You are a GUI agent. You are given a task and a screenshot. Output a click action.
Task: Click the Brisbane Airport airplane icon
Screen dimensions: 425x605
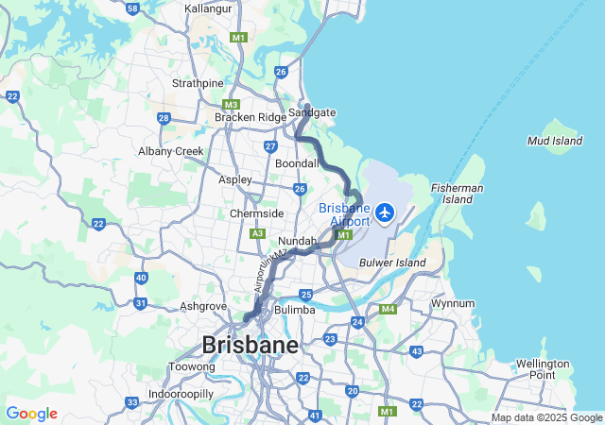(385, 212)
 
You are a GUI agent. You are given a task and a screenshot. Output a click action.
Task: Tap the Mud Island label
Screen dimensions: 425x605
(555, 141)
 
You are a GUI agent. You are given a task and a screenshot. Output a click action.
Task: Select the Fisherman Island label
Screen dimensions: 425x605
(458, 194)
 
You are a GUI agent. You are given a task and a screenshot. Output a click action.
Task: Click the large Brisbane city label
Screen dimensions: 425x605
(249, 344)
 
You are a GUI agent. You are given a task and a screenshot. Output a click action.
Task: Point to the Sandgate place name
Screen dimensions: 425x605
(312, 112)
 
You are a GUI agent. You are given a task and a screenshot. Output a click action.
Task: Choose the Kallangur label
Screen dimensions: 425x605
(208, 8)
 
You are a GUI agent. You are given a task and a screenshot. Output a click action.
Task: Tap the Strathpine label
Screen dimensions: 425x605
(198, 83)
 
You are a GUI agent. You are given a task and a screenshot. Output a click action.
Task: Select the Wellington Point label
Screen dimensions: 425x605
(543, 368)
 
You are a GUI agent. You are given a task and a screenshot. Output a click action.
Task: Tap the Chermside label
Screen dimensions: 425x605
(256, 213)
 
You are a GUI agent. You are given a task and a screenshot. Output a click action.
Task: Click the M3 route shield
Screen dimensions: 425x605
(232, 105)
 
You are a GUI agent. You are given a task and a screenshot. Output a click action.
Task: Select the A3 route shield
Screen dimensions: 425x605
(257, 233)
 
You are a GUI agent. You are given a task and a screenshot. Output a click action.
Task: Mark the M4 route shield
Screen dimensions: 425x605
(388, 309)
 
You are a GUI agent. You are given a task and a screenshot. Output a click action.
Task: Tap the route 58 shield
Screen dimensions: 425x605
(132, 8)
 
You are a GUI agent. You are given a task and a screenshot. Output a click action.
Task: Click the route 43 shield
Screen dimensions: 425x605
(417, 351)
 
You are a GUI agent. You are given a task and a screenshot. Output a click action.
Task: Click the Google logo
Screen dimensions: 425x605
(31, 414)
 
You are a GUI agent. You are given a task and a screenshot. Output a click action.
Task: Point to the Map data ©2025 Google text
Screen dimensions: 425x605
(545, 417)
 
